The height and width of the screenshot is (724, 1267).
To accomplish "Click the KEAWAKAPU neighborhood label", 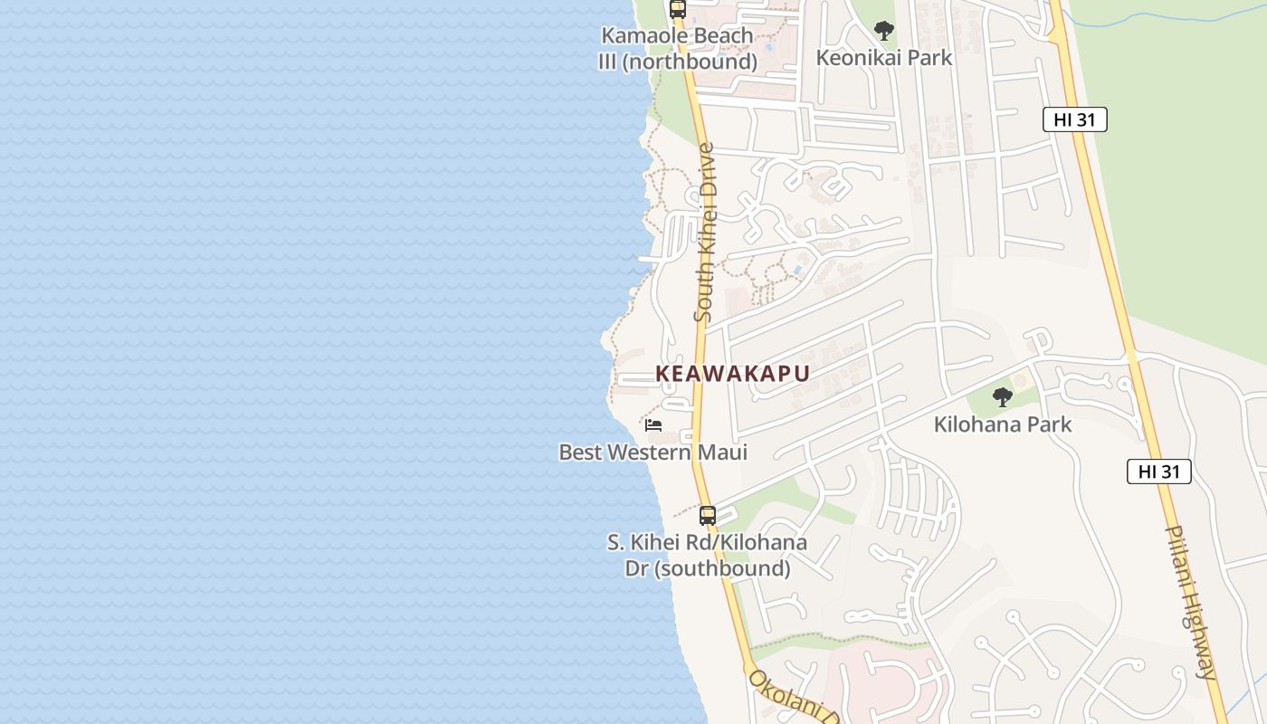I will [x=732, y=374].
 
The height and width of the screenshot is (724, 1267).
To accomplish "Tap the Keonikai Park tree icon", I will [x=883, y=32].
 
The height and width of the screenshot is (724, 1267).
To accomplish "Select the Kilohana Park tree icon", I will [x=1002, y=396].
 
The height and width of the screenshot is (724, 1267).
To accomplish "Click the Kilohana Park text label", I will [x=1002, y=424].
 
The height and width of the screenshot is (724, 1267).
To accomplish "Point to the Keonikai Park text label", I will [x=883, y=58].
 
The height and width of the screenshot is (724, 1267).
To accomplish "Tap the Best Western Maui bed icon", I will [x=653, y=425].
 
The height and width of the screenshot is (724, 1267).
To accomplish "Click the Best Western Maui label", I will [x=653, y=452].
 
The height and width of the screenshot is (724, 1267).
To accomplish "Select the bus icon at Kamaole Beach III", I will [x=677, y=10].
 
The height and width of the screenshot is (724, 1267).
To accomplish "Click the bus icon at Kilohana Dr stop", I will [x=708, y=516].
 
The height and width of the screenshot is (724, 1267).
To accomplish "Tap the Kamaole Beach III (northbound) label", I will [x=677, y=49].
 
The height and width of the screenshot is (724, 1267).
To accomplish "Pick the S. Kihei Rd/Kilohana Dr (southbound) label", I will [x=707, y=556].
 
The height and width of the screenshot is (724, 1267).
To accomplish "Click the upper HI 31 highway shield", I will [x=1074, y=119].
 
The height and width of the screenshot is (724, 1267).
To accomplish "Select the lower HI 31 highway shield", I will [x=1158, y=472].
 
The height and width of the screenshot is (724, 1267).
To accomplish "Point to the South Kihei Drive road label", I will [x=704, y=232].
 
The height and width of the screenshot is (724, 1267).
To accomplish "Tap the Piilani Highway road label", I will [x=1191, y=602].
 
